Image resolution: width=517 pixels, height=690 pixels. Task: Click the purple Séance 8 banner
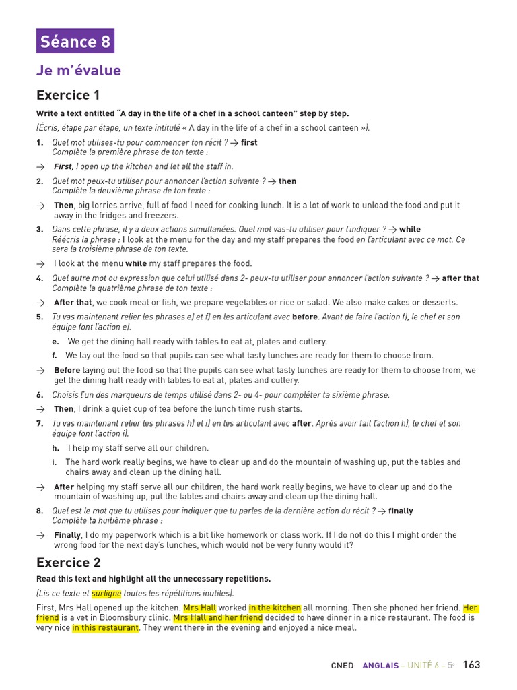75,41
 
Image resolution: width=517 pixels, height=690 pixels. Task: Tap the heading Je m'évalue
79,71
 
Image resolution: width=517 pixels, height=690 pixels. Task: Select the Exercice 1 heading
68,95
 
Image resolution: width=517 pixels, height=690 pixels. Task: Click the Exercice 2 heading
68,563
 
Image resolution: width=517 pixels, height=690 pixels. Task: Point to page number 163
471,665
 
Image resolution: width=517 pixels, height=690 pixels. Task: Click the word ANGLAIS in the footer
380,666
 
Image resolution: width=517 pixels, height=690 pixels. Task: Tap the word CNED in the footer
342,666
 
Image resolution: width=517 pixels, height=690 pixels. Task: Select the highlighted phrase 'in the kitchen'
275,608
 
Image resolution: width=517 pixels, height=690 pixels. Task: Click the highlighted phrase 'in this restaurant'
105,627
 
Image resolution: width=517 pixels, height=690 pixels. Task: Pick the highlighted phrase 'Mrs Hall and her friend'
218,617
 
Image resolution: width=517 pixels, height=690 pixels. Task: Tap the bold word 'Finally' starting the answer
67,535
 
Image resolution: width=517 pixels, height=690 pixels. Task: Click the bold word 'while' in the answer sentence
136,264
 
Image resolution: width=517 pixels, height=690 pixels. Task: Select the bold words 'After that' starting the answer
73,303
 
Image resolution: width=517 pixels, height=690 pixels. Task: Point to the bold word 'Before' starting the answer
67,370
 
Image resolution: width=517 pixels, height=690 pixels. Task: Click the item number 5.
40,317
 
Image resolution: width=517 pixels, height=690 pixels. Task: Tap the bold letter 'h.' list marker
55,448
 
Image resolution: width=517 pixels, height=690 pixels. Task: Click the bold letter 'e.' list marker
55,342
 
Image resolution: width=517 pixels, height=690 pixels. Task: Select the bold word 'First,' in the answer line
63,166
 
